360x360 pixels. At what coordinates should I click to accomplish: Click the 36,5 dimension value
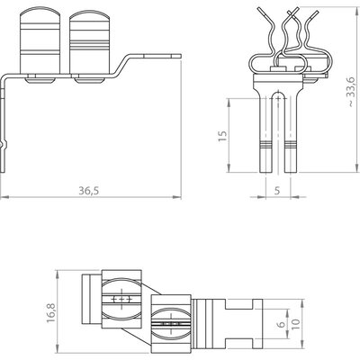coord(89,191)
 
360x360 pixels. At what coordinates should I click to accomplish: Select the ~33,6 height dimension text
coord(351,92)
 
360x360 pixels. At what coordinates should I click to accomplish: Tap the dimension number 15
coord(222,136)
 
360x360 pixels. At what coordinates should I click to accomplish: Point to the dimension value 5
coord(277,190)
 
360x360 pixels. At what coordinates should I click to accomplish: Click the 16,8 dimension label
coord(51,312)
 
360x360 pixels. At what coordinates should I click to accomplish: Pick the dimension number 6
coord(281,324)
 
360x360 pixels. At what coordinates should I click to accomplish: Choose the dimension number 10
coord(295,324)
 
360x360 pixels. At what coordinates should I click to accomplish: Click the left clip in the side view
coord(40,41)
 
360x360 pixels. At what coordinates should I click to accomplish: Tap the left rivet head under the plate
coord(40,80)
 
